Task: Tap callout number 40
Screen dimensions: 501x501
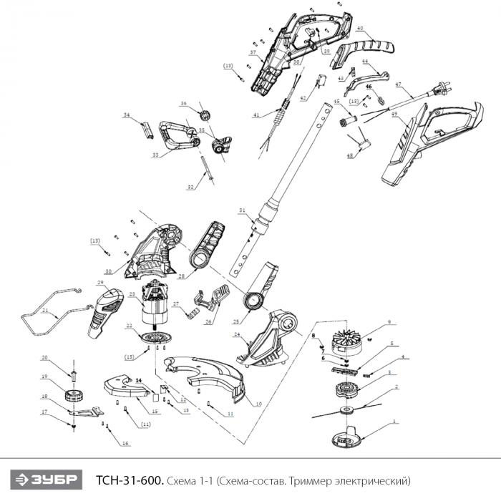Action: (359, 29)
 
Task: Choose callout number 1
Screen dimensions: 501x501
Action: (393, 422)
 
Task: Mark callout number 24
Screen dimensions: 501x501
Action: (236, 334)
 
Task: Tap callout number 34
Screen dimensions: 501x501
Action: (126, 115)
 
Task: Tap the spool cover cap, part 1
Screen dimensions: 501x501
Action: (348, 434)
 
